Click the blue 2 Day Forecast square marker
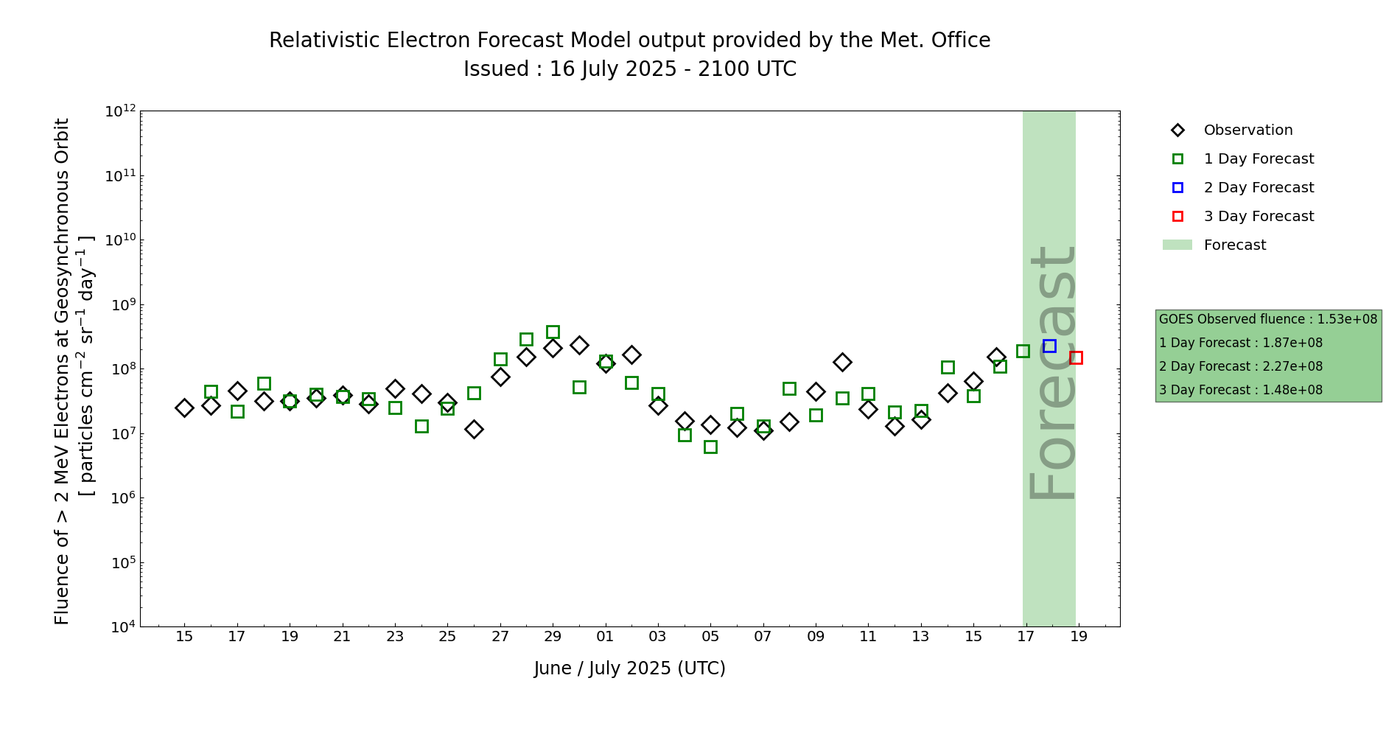coord(1049,346)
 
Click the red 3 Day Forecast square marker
coord(1076,357)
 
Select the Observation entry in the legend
coord(1247,130)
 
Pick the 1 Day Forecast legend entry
coord(1259,159)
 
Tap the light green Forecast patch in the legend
coord(1177,245)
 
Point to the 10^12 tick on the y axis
coord(120,111)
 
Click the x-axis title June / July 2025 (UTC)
coord(630,668)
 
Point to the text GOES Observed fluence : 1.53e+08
coord(1267,319)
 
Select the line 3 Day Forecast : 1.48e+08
coord(1241,390)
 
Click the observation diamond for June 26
coord(474,429)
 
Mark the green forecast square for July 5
coord(710,447)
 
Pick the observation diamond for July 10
coord(842,362)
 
